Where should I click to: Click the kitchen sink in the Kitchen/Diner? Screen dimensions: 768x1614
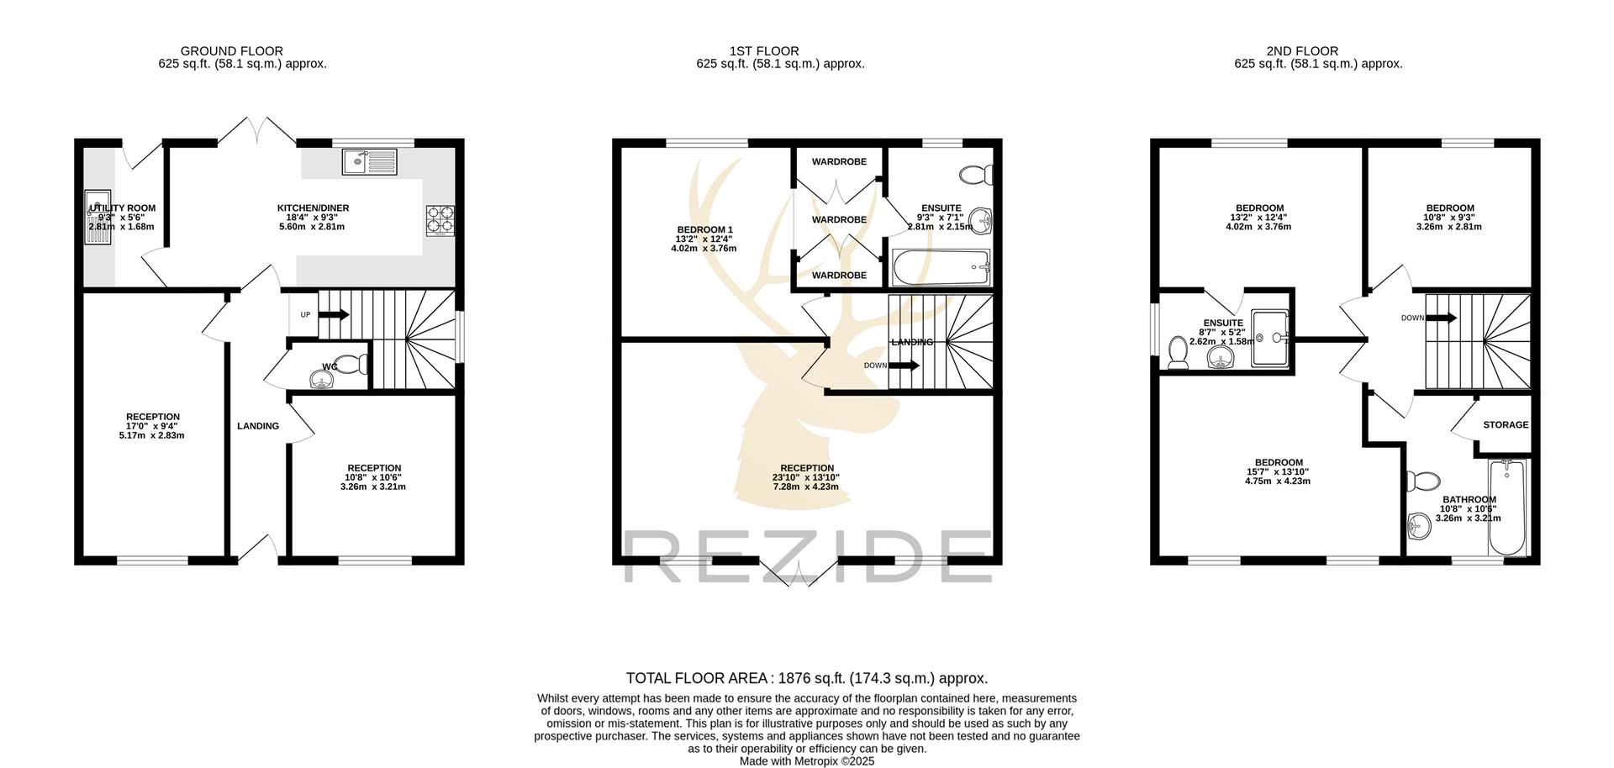[x=369, y=160]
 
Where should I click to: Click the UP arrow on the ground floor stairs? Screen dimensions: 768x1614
[x=334, y=314]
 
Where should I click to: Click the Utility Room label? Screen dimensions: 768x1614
[x=123, y=208]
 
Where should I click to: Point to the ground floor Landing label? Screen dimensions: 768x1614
[x=258, y=426]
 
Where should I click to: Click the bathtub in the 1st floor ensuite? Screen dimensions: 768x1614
[x=941, y=268]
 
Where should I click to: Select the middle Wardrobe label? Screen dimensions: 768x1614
[x=839, y=219]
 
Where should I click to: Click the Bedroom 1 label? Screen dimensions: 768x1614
[x=704, y=229]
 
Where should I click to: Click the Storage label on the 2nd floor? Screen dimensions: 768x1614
[x=1506, y=424]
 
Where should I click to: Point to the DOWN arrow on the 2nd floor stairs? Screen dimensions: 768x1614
[x=1441, y=318]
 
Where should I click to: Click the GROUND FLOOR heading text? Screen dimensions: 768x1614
[x=232, y=51]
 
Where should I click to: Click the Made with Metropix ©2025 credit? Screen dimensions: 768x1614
[x=807, y=761]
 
